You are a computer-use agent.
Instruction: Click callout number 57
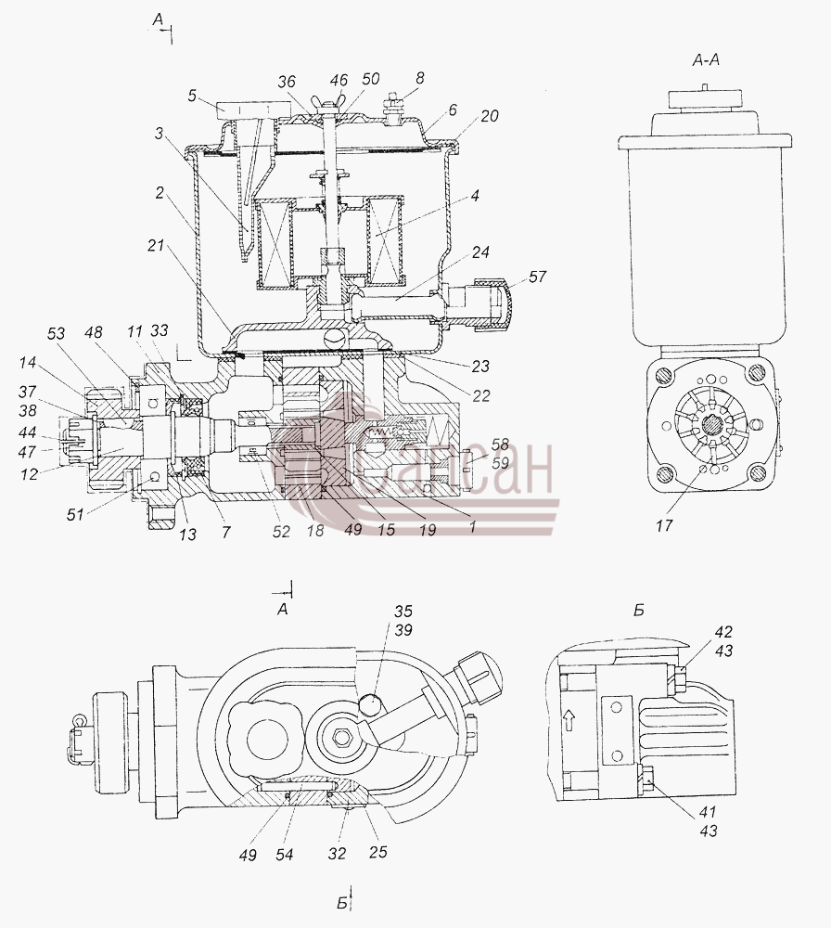538,277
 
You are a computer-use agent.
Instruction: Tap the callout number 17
664,525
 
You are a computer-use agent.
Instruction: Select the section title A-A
706,59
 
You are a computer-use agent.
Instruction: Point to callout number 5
192,96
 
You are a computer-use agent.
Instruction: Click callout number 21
156,245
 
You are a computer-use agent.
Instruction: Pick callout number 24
480,251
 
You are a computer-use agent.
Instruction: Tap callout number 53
57,334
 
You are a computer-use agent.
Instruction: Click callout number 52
282,531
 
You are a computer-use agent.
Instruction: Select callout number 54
285,854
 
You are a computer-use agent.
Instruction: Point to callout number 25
378,851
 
